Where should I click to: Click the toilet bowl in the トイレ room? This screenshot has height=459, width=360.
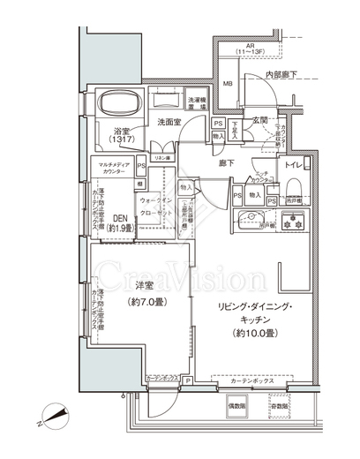[295, 192]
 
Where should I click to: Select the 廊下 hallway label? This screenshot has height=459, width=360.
[226, 163]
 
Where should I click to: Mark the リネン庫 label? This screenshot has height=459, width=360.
[163, 157]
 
